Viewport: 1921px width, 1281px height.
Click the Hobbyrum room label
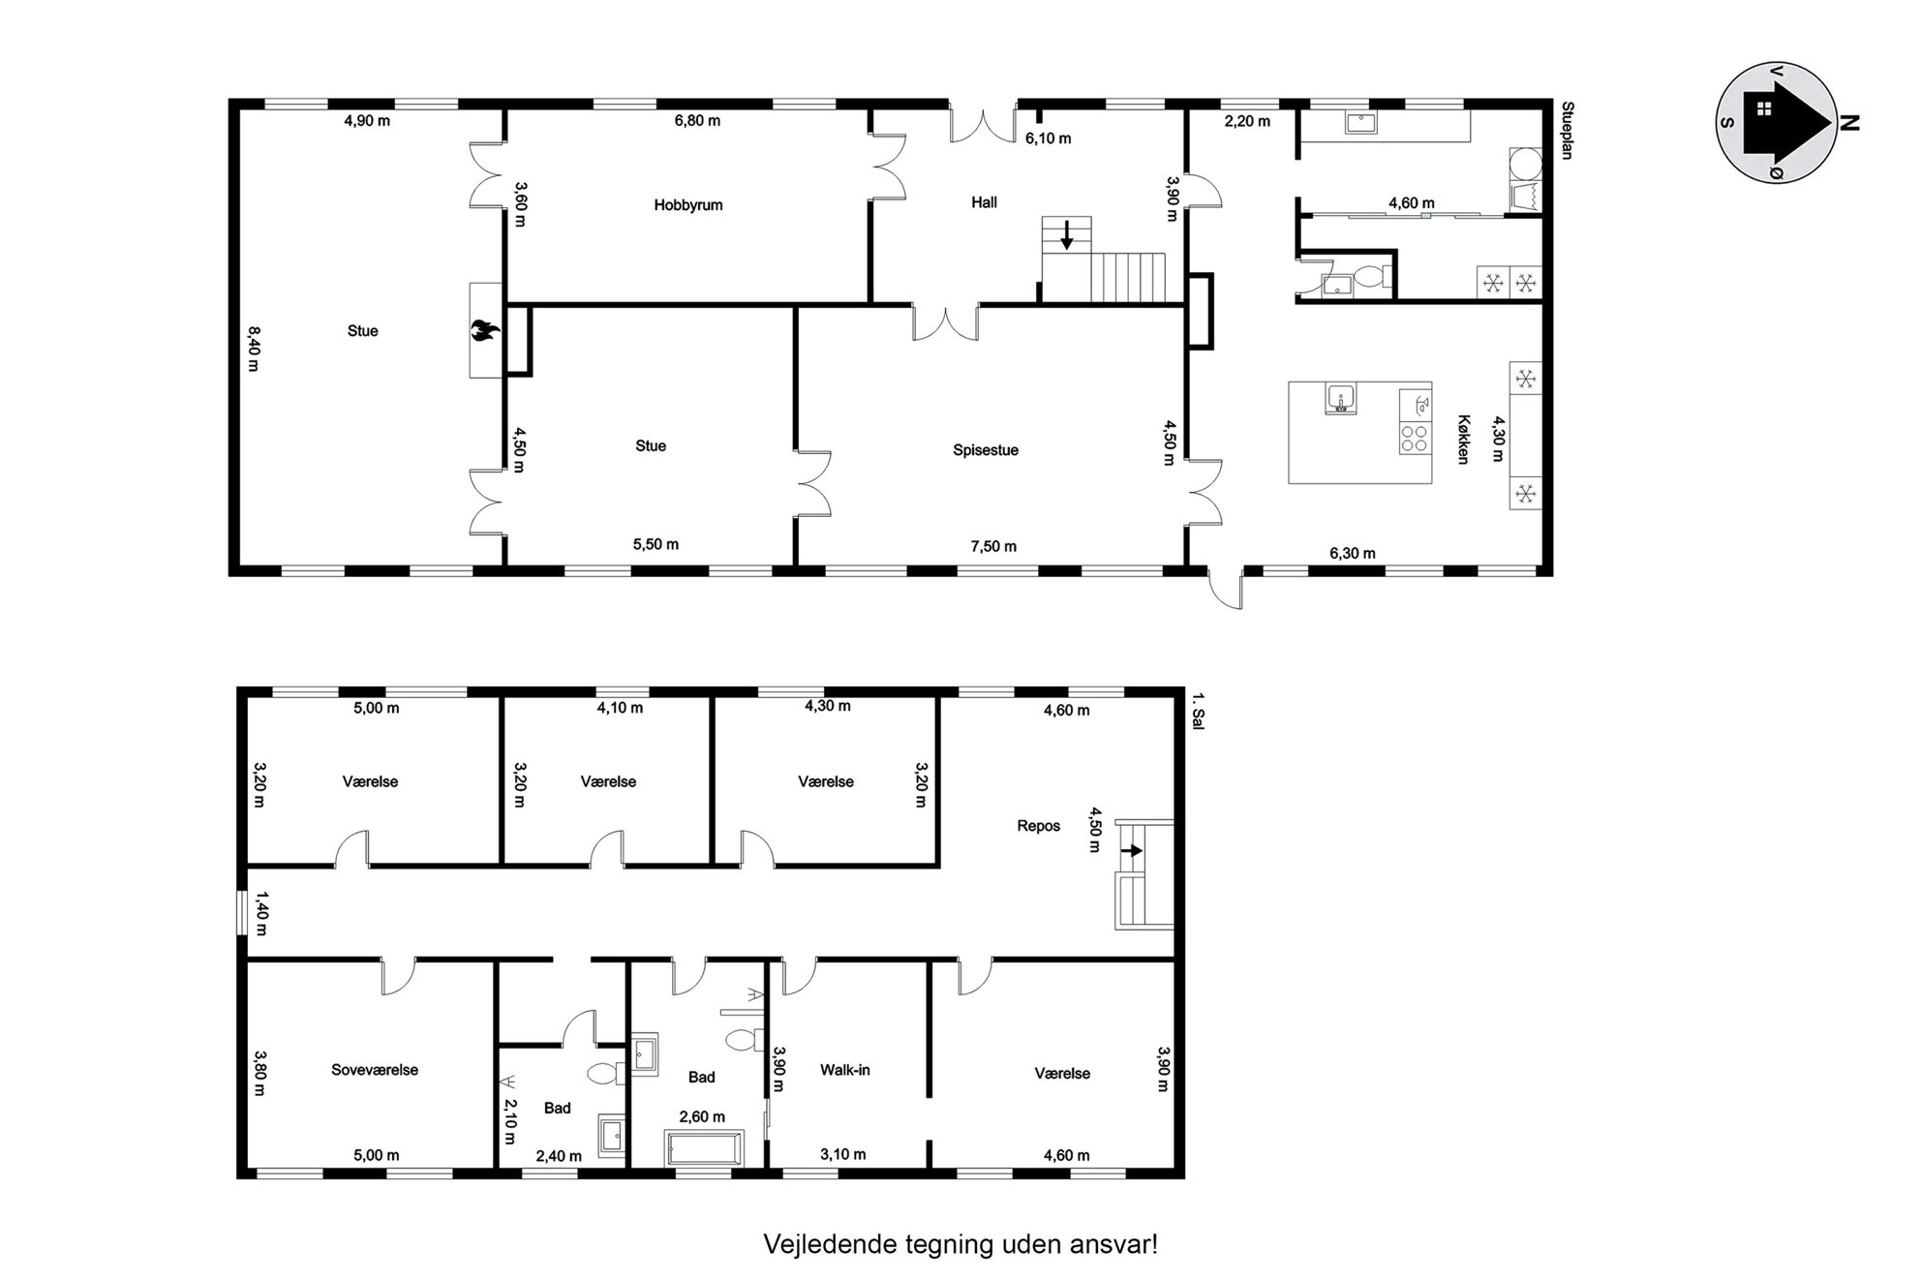(x=687, y=205)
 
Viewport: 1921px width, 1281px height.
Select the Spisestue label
(x=986, y=450)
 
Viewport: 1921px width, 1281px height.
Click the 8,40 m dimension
(x=254, y=349)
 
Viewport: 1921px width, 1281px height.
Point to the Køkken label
(x=1463, y=440)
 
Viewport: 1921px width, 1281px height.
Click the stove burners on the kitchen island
(x=1415, y=439)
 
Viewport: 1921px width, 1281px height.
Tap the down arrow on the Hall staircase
(x=1066, y=235)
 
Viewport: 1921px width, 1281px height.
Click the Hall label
(x=984, y=202)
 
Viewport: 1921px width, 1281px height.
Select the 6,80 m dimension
(x=697, y=121)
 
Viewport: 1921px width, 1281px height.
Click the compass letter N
(x=1848, y=123)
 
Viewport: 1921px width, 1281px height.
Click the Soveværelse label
(x=375, y=1070)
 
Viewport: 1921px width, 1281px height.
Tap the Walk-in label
(x=845, y=1070)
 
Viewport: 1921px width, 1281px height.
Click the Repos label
(x=1038, y=826)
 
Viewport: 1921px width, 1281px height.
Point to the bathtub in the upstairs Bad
(x=704, y=1148)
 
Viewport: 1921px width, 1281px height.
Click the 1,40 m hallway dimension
(x=260, y=913)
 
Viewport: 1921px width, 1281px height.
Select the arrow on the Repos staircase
(x=1132, y=850)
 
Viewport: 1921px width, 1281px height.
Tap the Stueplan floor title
(x=1567, y=131)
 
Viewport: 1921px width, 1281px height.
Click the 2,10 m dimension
(x=510, y=1120)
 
